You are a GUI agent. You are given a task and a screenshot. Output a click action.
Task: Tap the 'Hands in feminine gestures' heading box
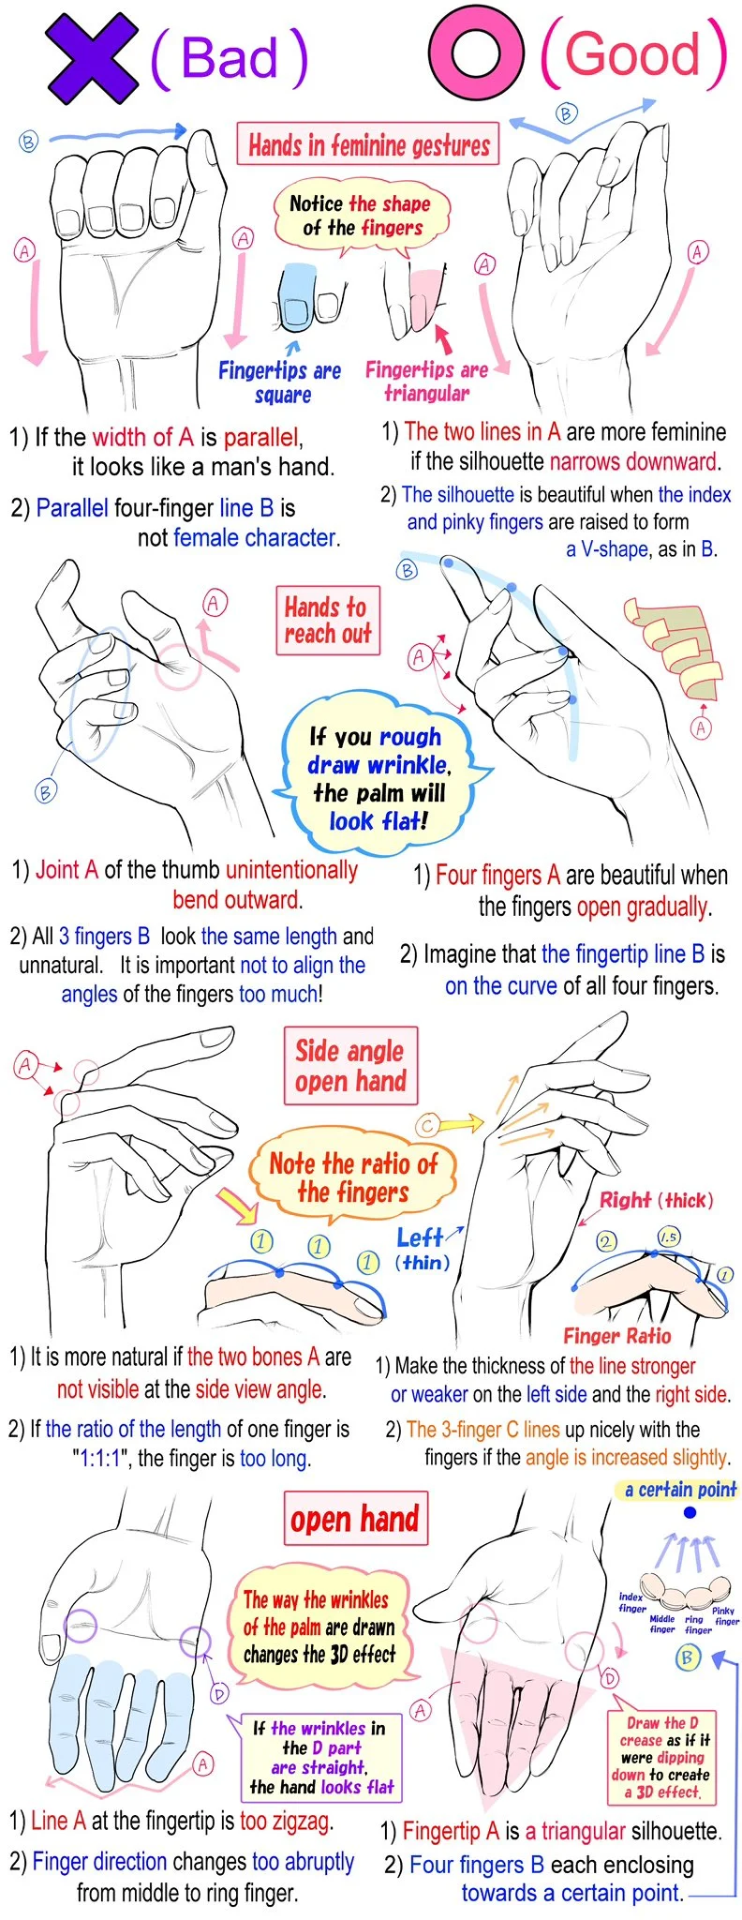[x=368, y=145]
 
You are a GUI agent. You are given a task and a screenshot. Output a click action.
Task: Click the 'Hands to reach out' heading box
[x=328, y=620]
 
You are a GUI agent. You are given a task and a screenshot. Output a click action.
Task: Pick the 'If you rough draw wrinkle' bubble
[x=378, y=779]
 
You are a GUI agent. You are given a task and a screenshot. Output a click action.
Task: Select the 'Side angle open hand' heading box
[x=350, y=1066]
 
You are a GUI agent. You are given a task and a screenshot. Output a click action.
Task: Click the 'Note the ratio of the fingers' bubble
[x=353, y=1178]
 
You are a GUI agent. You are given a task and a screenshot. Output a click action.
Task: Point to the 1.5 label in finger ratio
[x=669, y=1237]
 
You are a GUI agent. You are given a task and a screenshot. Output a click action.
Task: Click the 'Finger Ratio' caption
[x=617, y=1336]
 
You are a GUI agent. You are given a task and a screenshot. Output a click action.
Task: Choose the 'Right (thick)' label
[x=656, y=1200]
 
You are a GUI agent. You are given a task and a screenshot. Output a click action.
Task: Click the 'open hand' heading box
[x=355, y=1519]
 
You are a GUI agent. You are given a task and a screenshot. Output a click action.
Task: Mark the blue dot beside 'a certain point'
[x=690, y=1513]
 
